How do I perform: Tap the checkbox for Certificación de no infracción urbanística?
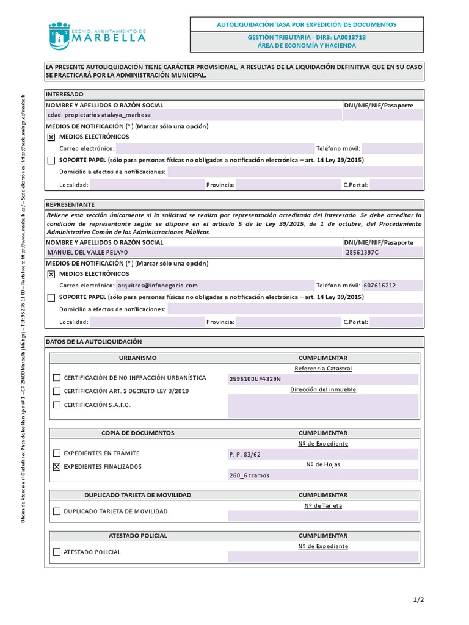tap(57, 378)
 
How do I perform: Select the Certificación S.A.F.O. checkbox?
tap(57, 405)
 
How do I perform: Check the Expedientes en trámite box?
tap(57, 453)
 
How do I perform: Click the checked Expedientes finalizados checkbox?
tap(57, 467)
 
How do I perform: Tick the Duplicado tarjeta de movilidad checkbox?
tap(57, 511)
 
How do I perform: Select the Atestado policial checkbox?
tap(57, 552)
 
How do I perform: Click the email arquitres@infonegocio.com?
tap(158, 285)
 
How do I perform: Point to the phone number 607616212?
tap(379, 285)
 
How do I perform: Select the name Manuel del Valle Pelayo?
tap(87, 252)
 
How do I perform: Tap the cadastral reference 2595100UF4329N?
tap(255, 379)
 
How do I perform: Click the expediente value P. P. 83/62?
tap(245, 454)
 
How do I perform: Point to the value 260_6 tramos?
tap(249, 475)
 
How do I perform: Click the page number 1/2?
tap(418, 600)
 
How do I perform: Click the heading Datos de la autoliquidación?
tap(94, 342)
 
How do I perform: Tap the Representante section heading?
tap(70, 204)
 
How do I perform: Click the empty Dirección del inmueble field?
tap(323, 406)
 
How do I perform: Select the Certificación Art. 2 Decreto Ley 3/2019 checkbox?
tap(57, 391)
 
